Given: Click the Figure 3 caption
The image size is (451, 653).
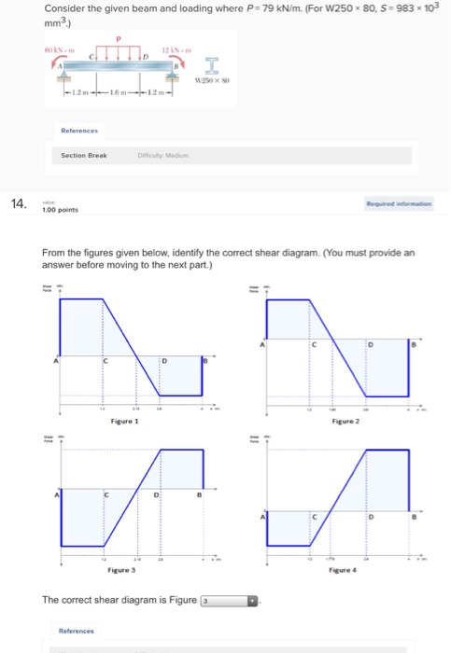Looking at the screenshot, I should click(123, 569).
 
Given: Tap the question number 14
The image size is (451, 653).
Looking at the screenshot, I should click(18, 204).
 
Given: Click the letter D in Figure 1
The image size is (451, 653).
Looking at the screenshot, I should click(164, 360).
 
